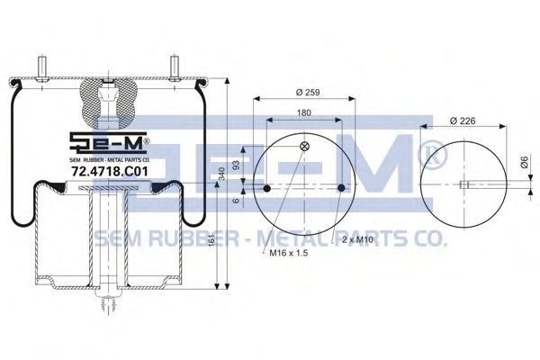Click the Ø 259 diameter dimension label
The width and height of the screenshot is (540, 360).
pyautogui.click(x=308, y=93)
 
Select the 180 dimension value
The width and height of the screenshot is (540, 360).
pyautogui.click(x=304, y=112)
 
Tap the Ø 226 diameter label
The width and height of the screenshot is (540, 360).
pyautogui.click(x=463, y=121)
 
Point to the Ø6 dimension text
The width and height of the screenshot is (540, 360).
pyautogui.click(x=525, y=162)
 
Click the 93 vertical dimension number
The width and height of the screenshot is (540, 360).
pyautogui.click(x=236, y=166)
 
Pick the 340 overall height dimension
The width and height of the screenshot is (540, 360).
pyautogui.click(x=221, y=174)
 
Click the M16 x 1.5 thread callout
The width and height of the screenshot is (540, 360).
pyautogui.click(x=289, y=253)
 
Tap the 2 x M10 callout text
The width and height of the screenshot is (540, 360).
pyautogui.click(x=358, y=239)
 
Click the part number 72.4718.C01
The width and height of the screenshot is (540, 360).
pyautogui.click(x=109, y=171)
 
